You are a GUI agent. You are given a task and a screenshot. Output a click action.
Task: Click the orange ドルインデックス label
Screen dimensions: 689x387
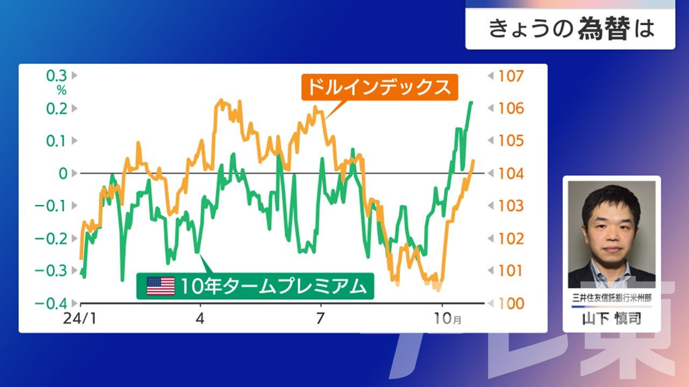tap(379, 87)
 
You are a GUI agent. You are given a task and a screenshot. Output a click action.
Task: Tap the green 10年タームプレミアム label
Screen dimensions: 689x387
tap(255, 286)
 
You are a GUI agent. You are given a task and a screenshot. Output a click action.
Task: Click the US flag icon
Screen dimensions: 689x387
tap(160, 286)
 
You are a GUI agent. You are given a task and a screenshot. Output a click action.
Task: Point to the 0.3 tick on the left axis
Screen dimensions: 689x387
tap(57, 76)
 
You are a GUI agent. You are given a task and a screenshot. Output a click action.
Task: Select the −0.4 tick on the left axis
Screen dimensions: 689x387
tap(51, 304)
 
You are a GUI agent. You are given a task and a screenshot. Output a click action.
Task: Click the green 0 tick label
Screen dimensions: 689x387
tap(63, 174)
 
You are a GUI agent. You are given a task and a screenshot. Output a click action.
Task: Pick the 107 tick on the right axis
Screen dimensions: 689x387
tap(511, 76)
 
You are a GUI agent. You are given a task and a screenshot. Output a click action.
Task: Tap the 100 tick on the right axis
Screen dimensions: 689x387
tap(511, 304)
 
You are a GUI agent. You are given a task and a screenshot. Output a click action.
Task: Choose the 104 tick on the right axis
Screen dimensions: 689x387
tap(511, 174)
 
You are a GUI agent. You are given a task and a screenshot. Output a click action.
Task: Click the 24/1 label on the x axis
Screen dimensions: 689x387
tap(80, 319)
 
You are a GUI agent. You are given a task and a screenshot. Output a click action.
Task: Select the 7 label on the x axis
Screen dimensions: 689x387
tap(320, 319)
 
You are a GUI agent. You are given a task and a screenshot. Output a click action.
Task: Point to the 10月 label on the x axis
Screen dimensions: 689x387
tap(447, 319)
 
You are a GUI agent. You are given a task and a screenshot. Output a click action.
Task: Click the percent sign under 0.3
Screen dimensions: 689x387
tap(61, 90)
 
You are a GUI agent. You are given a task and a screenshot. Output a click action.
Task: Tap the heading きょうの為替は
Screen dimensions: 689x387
tap(571, 29)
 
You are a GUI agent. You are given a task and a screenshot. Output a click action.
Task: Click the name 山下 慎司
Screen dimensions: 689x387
tap(611, 319)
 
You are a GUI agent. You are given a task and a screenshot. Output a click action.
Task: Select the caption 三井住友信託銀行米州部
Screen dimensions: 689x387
tap(612, 298)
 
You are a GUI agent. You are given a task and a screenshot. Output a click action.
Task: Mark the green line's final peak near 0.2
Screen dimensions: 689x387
tap(471, 102)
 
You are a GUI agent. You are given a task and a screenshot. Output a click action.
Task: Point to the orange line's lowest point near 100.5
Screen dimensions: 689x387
tap(438, 290)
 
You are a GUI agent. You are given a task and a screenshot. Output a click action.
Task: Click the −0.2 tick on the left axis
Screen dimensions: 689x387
tap(51, 239)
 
